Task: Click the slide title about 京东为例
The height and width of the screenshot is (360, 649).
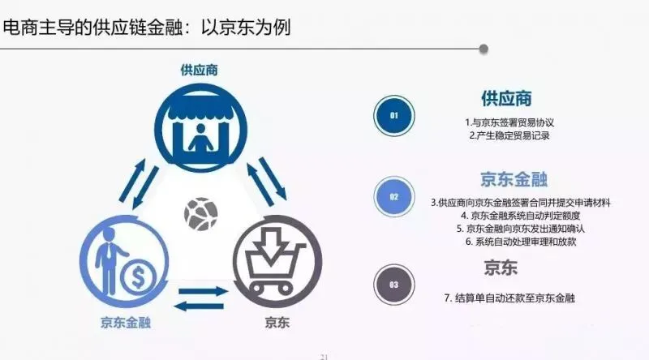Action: [x=147, y=28]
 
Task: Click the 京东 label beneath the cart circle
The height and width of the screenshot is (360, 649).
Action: [x=275, y=322]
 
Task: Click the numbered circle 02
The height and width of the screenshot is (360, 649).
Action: [x=394, y=196]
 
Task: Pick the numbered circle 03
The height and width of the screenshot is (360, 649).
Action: [x=394, y=285]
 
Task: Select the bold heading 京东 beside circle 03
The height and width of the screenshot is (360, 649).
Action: [x=501, y=268]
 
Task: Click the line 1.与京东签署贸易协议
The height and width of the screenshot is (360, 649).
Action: [x=509, y=122]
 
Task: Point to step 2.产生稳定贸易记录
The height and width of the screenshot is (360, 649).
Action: [x=509, y=135]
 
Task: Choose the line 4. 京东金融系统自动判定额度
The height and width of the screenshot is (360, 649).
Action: [x=509, y=216]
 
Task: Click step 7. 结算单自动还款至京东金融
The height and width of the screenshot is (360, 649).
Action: [x=509, y=298]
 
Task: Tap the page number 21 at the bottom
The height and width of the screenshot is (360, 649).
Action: [x=324, y=355]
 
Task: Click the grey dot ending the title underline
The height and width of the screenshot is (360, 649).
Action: [x=484, y=49]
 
